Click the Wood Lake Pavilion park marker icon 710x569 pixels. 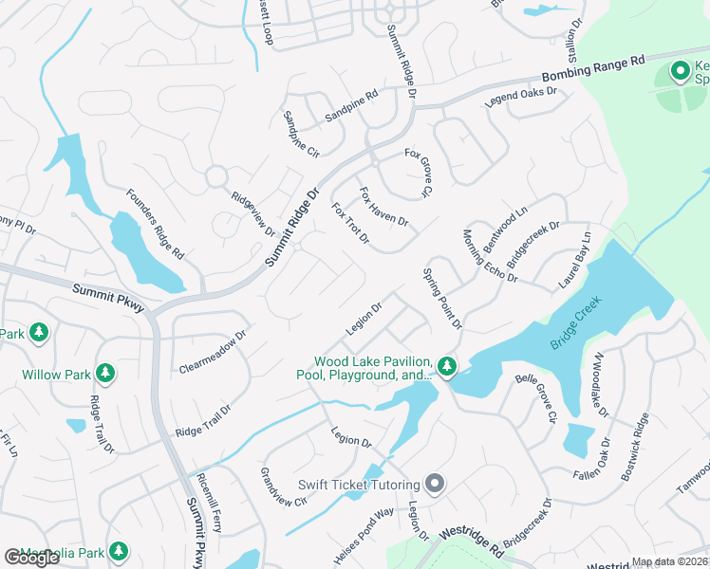[x=447, y=365]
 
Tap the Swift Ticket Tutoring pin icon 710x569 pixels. [x=436, y=485]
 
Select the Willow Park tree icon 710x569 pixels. [x=105, y=374]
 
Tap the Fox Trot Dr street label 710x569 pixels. [x=350, y=223]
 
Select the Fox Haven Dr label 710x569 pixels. [x=383, y=207]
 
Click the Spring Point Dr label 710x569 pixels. [x=442, y=298]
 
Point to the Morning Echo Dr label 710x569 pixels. [x=489, y=256]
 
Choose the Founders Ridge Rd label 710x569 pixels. [x=154, y=224]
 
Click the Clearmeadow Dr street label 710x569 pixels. [x=212, y=351]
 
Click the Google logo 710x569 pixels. [x=32, y=558]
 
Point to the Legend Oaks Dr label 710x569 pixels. [x=521, y=97]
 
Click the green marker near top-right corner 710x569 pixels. [x=680, y=71]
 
